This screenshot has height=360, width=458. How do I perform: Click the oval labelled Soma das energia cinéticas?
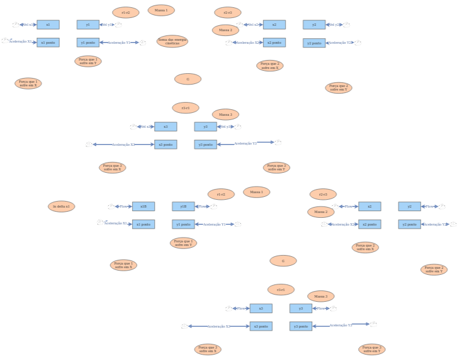pyautogui.click(x=172, y=41)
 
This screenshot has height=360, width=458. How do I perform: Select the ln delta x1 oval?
pyautogui.click(x=61, y=206)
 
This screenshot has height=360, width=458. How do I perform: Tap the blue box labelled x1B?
pyautogui.click(x=143, y=206)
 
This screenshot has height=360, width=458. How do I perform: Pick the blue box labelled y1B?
pyautogui.click(x=183, y=206)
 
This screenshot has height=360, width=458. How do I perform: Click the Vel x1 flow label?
pyautogui.click(x=28, y=25)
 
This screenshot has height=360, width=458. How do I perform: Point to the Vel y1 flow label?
pyautogui.click(x=107, y=25)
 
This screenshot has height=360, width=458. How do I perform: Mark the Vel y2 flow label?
pyautogui.click(x=334, y=25)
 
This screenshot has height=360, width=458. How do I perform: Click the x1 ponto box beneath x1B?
pyautogui.click(x=143, y=224)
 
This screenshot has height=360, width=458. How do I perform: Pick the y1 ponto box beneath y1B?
pyautogui.click(x=183, y=224)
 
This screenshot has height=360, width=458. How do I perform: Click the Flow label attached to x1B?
pyautogui.click(x=123, y=206)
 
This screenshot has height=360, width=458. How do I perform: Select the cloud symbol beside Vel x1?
pyautogui.click(x=16, y=25)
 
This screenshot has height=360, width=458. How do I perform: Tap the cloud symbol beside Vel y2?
pyautogui.click(x=346, y=25)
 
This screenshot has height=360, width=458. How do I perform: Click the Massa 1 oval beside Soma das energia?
pyautogui.click(x=161, y=10)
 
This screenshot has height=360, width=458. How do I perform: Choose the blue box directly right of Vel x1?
pyautogui.click(x=48, y=25)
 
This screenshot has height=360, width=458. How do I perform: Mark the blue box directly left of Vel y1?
pyautogui.click(x=88, y=25)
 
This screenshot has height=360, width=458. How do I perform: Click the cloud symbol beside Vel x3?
pyautogui.click(x=133, y=127)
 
